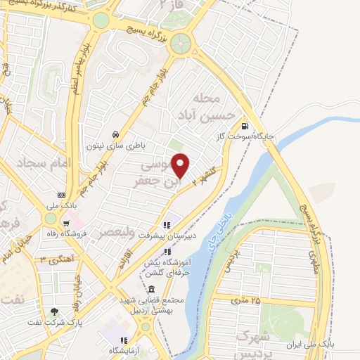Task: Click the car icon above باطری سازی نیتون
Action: [x=115, y=134]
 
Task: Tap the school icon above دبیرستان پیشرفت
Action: [x=167, y=225]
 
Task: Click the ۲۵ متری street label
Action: [x=246, y=301]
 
